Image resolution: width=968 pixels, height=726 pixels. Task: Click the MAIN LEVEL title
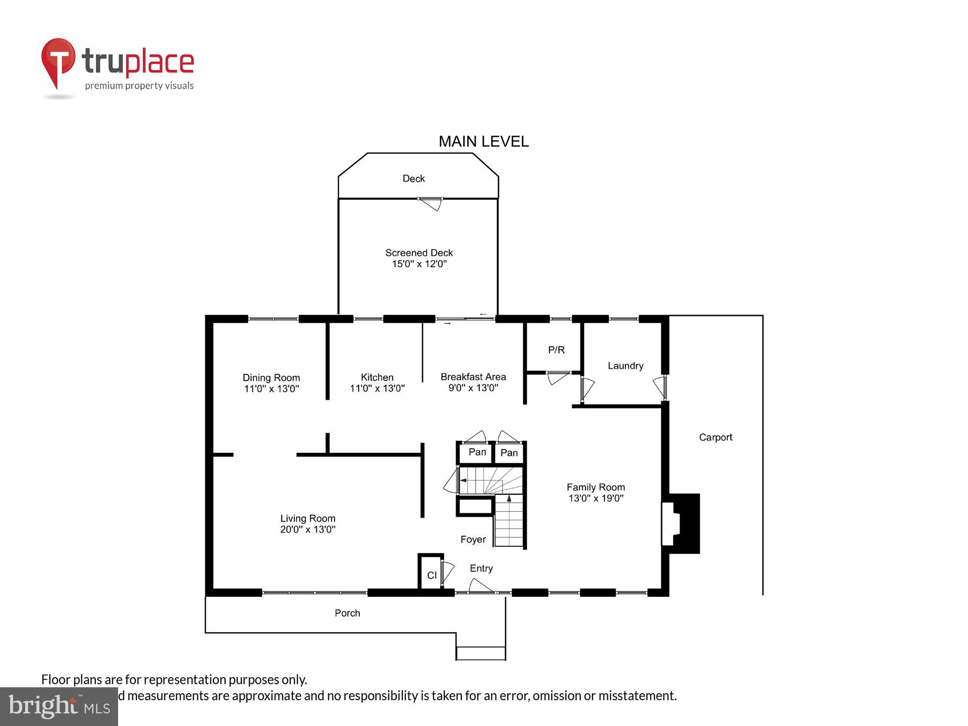(x=483, y=141)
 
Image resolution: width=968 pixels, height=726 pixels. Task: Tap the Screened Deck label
(x=419, y=253)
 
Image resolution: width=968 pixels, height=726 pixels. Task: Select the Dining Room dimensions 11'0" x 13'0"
(x=272, y=389)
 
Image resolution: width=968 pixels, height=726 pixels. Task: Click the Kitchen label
(x=377, y=377)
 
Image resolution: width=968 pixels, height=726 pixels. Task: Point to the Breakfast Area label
(x=473, y=377)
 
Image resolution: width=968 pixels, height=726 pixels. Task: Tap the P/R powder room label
(x=556, y=349)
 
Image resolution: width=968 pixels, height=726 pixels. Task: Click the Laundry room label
(x=625, y=365)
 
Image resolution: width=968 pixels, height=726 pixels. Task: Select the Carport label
(x=715, y=437)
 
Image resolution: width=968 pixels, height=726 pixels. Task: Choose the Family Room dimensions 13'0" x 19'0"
(x=596, y=498)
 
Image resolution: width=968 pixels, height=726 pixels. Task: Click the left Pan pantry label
(x=477, y=452)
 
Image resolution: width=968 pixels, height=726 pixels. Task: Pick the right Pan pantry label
(x=509, y=453)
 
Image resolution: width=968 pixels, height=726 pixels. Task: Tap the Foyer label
(x=473, y=539)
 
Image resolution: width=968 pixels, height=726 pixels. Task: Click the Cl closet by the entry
(x=432, y=575)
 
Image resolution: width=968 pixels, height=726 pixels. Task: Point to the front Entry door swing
(x=481, y=586)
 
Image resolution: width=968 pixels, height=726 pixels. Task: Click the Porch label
(x=347, y=613)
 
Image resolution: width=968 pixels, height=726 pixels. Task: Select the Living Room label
(x=307, y=518)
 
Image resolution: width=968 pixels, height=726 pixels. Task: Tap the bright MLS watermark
(x=59, y=707)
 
